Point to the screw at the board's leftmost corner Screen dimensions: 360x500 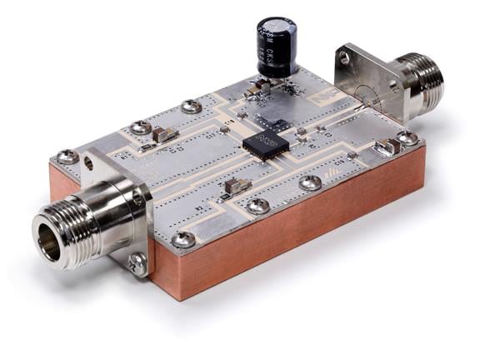[67, 156]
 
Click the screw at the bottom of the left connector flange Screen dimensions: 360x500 [137, 262]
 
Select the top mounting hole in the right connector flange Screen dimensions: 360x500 [343, 57]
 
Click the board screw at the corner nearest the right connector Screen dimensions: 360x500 [407, 137]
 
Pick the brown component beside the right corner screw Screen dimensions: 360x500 [386, 147]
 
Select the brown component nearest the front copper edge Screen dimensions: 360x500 [237, 185]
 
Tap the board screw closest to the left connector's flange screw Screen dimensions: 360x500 [183, 239]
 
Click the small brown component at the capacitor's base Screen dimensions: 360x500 [261, 84]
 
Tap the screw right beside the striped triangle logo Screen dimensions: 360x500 [312, 181]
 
